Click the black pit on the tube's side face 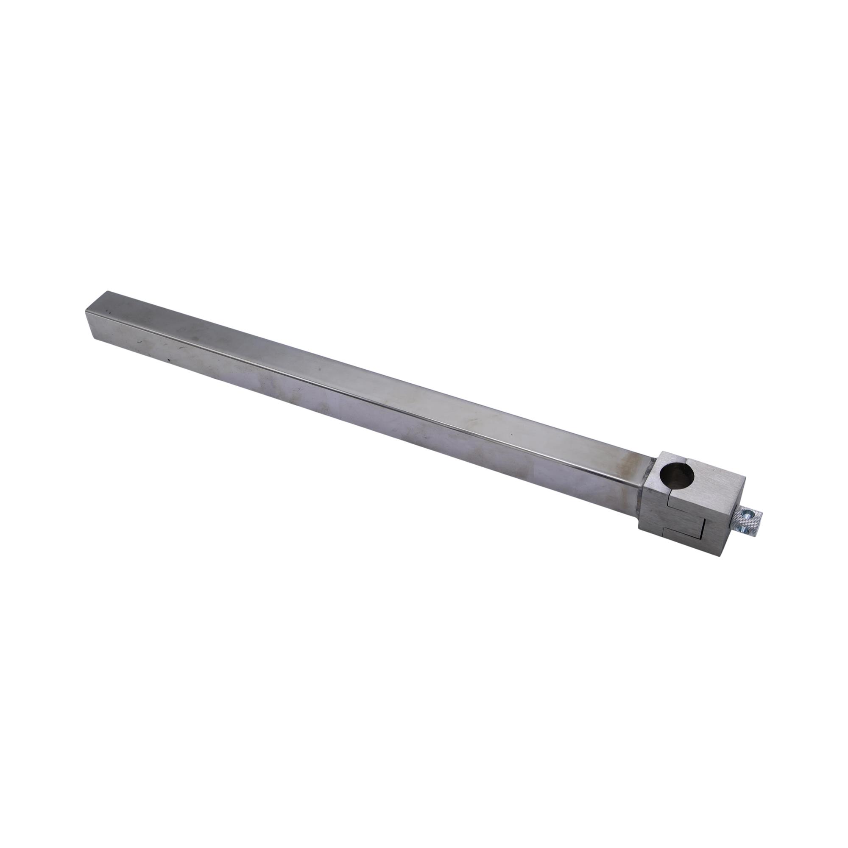point(167,362)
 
